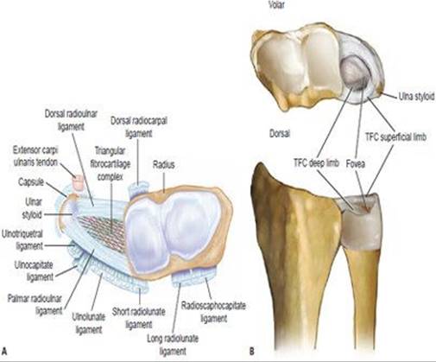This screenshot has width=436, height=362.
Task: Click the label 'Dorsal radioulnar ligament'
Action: click(71, 120)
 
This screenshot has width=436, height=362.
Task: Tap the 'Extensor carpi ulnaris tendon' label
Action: click(35, 156)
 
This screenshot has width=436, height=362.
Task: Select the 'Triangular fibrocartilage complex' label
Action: click(111, 163)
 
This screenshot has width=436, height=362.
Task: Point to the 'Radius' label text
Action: click(163, 165)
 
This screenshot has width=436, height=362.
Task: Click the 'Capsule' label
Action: click(31, 182)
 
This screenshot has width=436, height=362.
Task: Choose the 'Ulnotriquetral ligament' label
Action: click(22, 240)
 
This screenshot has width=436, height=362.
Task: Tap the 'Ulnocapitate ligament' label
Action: click(34, 270)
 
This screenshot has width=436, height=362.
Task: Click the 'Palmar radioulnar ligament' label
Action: click(35, 305)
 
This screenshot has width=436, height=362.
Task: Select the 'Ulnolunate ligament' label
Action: click(88, 323)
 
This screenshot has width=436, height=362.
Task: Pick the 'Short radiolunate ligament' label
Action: click(139, 318)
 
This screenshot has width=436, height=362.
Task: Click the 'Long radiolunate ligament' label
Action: click(173, 345)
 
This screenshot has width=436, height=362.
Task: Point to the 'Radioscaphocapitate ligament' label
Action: click(213, 312)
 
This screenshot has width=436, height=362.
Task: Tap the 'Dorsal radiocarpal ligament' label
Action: click(139, 127)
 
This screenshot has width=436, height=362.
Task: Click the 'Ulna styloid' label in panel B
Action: click(416, 97)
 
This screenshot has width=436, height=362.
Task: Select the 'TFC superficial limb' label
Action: click(395, 137)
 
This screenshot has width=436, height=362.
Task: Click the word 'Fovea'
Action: click(356, 164)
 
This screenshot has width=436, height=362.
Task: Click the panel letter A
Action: click(4, 352)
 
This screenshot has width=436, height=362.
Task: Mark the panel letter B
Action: click(252, 352)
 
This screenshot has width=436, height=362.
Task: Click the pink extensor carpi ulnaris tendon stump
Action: click(78, 183)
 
